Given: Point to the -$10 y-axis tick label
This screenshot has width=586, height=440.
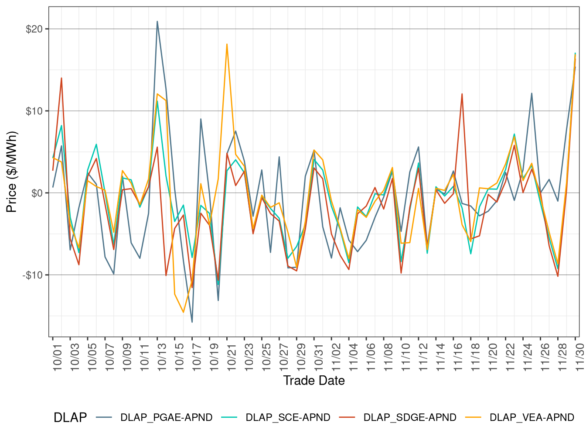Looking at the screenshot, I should point(33,275).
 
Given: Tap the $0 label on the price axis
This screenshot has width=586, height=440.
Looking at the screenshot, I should point(37,193).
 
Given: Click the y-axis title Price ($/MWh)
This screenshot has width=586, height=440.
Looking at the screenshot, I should point(12,172).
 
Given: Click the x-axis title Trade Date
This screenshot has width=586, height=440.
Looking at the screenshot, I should point(314,381).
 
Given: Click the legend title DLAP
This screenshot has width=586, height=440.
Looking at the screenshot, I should point(70,418).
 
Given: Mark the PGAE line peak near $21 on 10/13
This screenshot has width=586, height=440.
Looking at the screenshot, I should point(157,21).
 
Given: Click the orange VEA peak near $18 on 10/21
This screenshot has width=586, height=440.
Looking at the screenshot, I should point(227,44).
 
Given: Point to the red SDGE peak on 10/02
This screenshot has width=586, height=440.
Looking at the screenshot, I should point(61,78).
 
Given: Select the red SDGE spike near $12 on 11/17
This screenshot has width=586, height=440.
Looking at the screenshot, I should point(462,94).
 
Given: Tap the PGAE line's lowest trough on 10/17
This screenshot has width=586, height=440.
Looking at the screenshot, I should point(192,322).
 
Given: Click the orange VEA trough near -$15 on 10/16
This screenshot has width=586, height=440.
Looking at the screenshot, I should point(183,312).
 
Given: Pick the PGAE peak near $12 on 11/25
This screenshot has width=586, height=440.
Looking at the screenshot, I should point(531,93).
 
